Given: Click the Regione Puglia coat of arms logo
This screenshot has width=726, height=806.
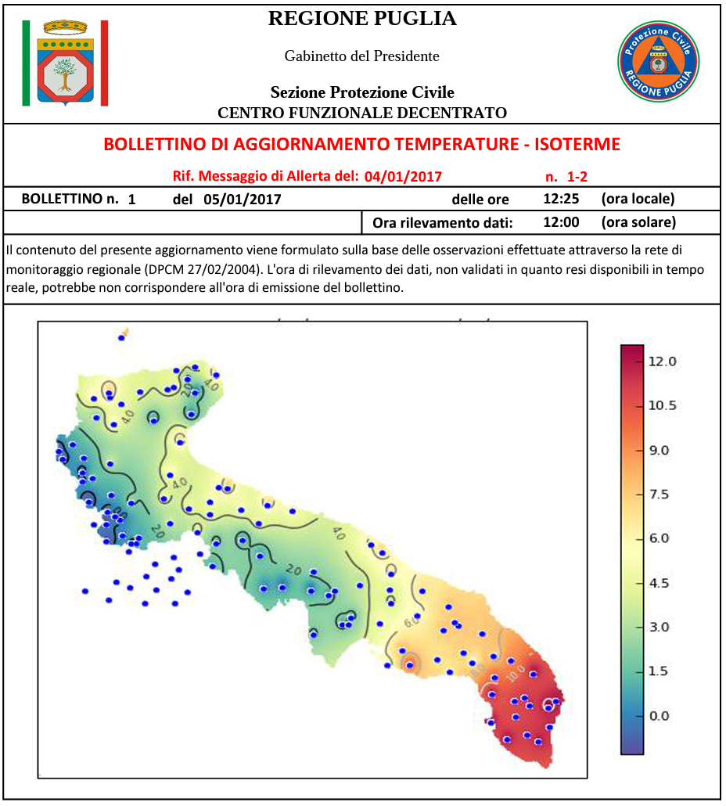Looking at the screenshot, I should [x=65, y=63].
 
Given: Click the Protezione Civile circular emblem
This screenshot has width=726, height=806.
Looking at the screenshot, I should [x=658, y=61].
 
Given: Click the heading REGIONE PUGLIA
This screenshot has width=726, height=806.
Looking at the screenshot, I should [x=361, y=19].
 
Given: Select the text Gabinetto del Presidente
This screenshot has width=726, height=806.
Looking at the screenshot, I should [x=361, y=56].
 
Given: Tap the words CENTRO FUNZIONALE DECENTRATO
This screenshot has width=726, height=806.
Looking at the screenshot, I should [x=361, y=113].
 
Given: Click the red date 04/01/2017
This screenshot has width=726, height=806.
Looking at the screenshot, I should [x=403, y=176].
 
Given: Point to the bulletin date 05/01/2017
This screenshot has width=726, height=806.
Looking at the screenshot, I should [x=242, y=199].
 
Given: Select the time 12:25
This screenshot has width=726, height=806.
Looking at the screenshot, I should [x=561, y=199].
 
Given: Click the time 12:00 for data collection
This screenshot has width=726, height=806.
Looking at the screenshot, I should [x=561, y=222].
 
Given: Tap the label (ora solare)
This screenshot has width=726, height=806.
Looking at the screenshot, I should [x=638, y=222].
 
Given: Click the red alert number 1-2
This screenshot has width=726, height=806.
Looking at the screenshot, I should [x=577, y=176].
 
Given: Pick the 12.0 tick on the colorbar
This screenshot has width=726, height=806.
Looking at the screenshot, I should [x=662, y=362].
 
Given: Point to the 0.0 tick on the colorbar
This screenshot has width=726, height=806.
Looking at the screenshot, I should [x=658, y=716].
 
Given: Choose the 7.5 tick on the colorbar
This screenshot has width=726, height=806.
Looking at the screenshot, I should [x=658, y=495].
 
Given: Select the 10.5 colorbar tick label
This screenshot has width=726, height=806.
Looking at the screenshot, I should [x=662, y=405].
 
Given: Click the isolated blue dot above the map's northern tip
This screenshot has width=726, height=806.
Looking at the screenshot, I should [x=121, y=337].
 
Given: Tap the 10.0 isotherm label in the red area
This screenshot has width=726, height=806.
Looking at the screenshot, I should [x=514, y=671].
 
